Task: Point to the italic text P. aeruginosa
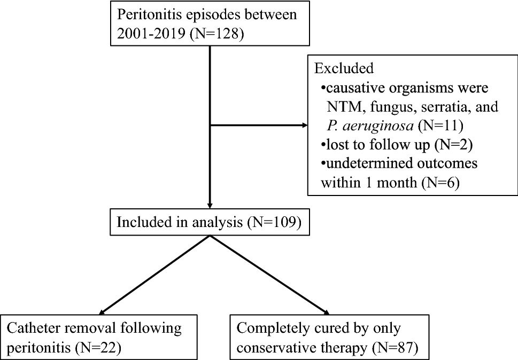(x=368, y=126)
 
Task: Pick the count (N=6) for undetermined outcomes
(x=443, y=183)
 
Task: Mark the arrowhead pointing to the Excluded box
(x=305, y=126)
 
